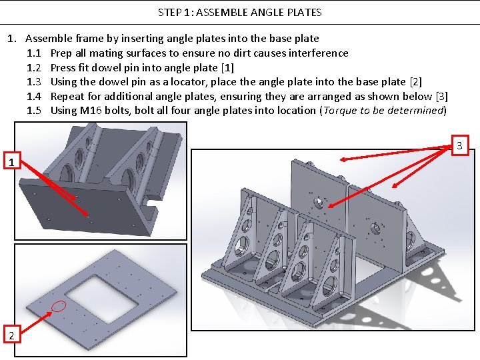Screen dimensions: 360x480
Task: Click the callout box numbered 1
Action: coord(10,162)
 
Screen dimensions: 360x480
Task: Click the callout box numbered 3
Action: coord(459,145)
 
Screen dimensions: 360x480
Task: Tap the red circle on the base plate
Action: coord(59,307)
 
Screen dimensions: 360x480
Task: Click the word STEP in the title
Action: coord(170,12)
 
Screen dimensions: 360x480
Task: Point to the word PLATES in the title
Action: coord(303,12)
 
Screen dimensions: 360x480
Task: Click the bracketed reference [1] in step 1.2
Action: coord(227,67)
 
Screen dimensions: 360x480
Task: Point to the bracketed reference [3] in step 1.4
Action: coord(441,96)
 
